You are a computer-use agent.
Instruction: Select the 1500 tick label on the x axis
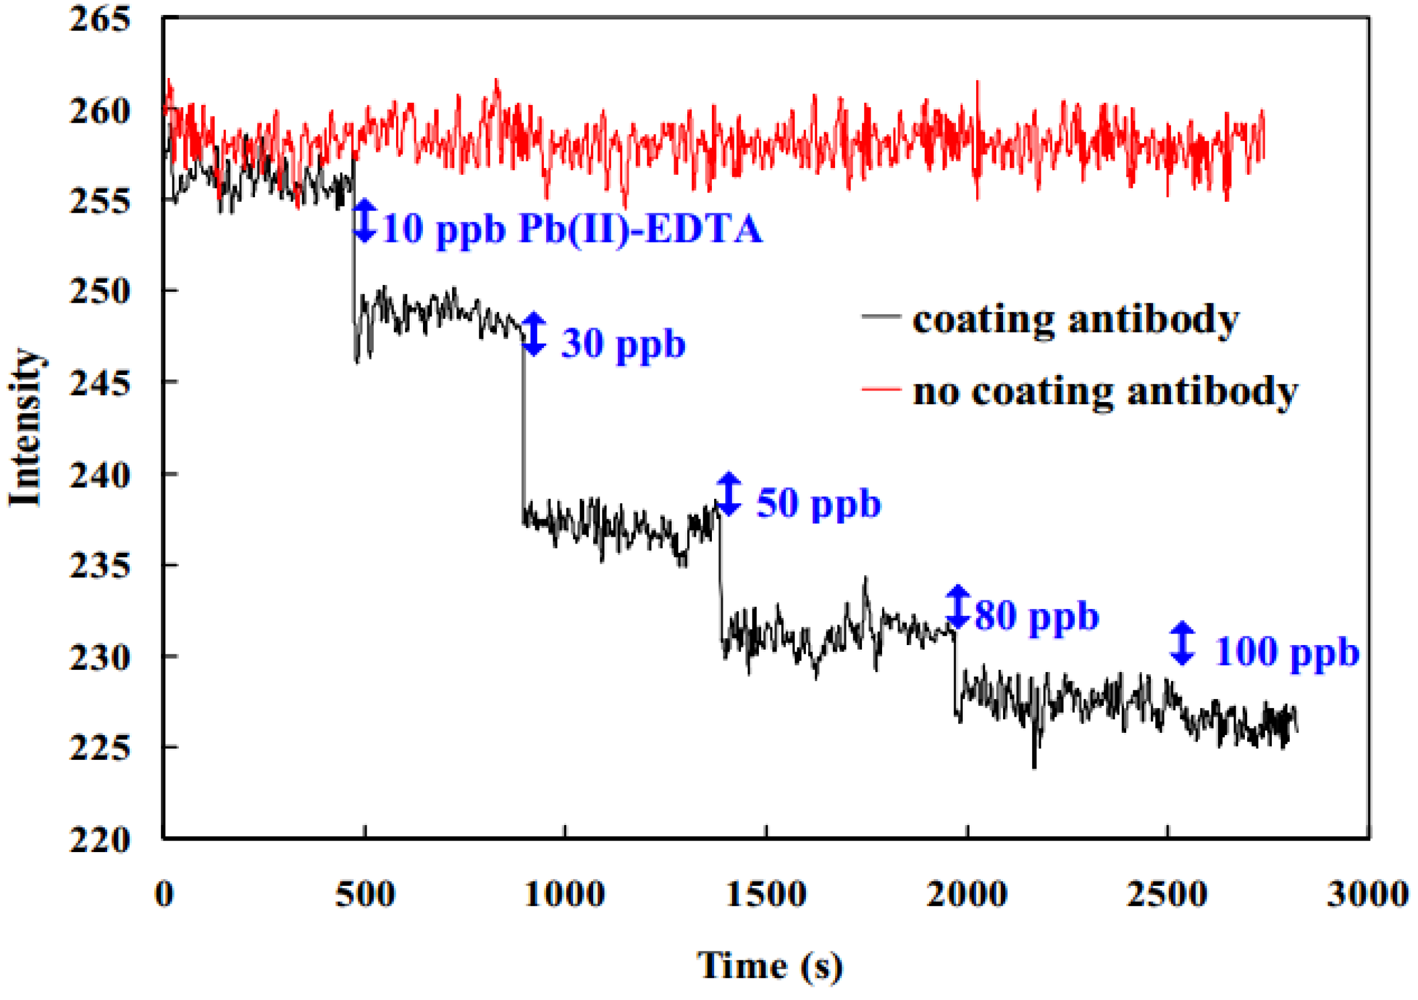click(766, 894)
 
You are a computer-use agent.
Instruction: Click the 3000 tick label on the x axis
click(1368, 894)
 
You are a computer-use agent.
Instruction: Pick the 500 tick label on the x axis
click(365, 894)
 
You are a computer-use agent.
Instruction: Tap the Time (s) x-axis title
click(770, 966)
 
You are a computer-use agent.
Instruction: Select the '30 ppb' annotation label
click(623, 343)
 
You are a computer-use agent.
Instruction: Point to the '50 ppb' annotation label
click(818, 503)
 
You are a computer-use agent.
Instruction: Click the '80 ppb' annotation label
click(1037, 616)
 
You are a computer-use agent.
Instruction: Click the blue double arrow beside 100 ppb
click(1182, 643)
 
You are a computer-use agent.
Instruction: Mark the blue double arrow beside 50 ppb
click(728, 494)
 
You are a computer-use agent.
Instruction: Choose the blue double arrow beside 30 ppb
click(534, 334)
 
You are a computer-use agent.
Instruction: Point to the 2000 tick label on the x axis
click(966, 894)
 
